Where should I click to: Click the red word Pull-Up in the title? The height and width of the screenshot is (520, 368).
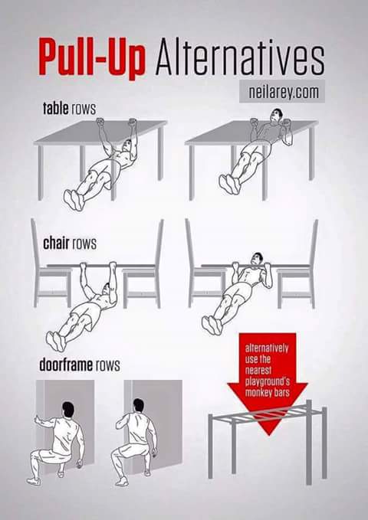pos(92,58)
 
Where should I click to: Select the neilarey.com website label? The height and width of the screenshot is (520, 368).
pos(282,91)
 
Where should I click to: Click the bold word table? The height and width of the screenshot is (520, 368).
pos(56,109)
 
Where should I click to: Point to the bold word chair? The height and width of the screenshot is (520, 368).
pos(56,243)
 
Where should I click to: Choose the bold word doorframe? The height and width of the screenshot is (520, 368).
pos(66,365)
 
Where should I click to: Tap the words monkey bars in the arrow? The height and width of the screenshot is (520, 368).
pos(268,393)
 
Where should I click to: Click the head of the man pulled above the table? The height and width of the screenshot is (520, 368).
pos(276,116)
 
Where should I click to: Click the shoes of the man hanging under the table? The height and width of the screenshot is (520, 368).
pos(74,200)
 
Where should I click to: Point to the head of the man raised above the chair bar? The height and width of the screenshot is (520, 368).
pos(256,259)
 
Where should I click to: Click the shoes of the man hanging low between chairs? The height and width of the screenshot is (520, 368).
pos(56,342)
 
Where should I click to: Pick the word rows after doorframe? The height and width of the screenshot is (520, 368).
pos(108,365)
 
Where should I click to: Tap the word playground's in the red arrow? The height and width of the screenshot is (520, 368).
pos(268,381)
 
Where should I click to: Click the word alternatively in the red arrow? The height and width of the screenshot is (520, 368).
pos(267,348)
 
